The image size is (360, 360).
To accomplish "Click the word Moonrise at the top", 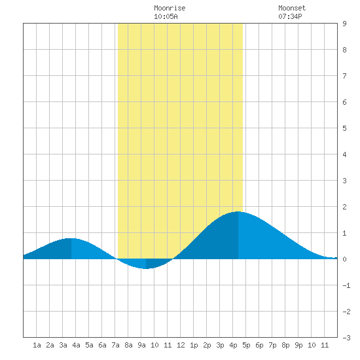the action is pyautogui.click(x=170, y=9).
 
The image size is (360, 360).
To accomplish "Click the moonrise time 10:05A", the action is pyautogui.click(x=166, y=16).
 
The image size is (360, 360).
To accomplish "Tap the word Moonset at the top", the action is pyautogui.click(x=292, y=9).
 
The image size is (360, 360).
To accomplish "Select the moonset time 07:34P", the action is pyautogui.click(x=290, y=16).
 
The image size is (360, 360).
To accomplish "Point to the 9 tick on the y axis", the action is pyautogui.click(x=344, y=24).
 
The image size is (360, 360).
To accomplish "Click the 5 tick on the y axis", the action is pyautogui.click(x=344, y=128).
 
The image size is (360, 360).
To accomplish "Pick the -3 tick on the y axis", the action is pyautogui.click(x=346, y=338).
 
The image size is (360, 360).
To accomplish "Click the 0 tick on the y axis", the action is pyautogui.click(x=344, y=259).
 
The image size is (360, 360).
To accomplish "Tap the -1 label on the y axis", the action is pyautogui.click(x=346, y=285).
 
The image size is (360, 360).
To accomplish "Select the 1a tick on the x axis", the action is pyautogui.click(x=37, y=345).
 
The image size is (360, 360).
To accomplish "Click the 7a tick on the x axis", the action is pyautogui.click(x=115, y=345).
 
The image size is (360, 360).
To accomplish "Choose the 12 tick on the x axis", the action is pyautogui.click(x=181, y=345).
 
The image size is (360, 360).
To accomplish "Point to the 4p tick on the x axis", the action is pyautogui.click(x=233, y=345).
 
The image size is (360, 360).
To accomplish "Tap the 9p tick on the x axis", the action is pyautogui.click(x=298, y=345).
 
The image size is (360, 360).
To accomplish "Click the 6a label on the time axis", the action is pyautogui.click(x=102, y=345).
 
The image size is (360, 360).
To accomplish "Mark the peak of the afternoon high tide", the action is pyautogui.click(x=238, y=211).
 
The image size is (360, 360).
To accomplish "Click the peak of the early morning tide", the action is pyautogui.click(x=71, y=238).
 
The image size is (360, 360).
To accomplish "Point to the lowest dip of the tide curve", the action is pyautogui.click(x=146, y=268).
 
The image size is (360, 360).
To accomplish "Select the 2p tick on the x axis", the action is pyautogui.click(x=207, y=345).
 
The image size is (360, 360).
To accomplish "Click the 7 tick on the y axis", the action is pyautogui.click(x=344, y=76).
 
